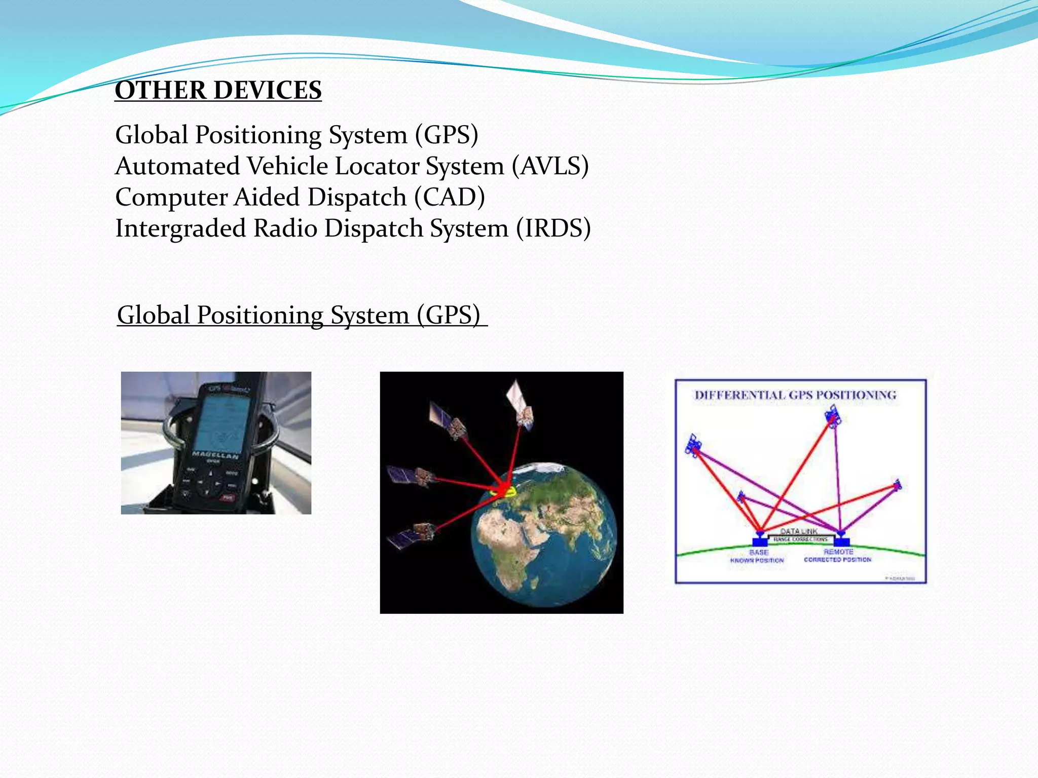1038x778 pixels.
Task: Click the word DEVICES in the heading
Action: pyautogui.click(x=268, y=91)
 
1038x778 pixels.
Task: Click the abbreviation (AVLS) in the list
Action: pyautogui.click(x=550, y=166)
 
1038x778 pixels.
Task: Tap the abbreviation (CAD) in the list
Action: pyautogui.click(x=449, y=197)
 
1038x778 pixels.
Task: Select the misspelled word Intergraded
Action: pyautogui.click(x=180, y=228)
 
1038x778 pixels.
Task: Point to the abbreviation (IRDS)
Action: pyautogui.click(x=553, y=228)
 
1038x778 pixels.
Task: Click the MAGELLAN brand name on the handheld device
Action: pyautogui.click(x=215, y=455)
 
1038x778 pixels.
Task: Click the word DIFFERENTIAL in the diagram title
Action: pyautogui.click(x=740, y=395)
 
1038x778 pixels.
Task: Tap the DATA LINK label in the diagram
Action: pyautogui.click(x=799, y=531)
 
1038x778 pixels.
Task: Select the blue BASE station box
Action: pyautogui.click(x=760, y=541)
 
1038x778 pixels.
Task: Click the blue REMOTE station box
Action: pyautogui.click(x=841, y=541)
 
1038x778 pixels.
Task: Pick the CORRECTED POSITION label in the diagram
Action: pyautogui.click(x=837, y=560)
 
